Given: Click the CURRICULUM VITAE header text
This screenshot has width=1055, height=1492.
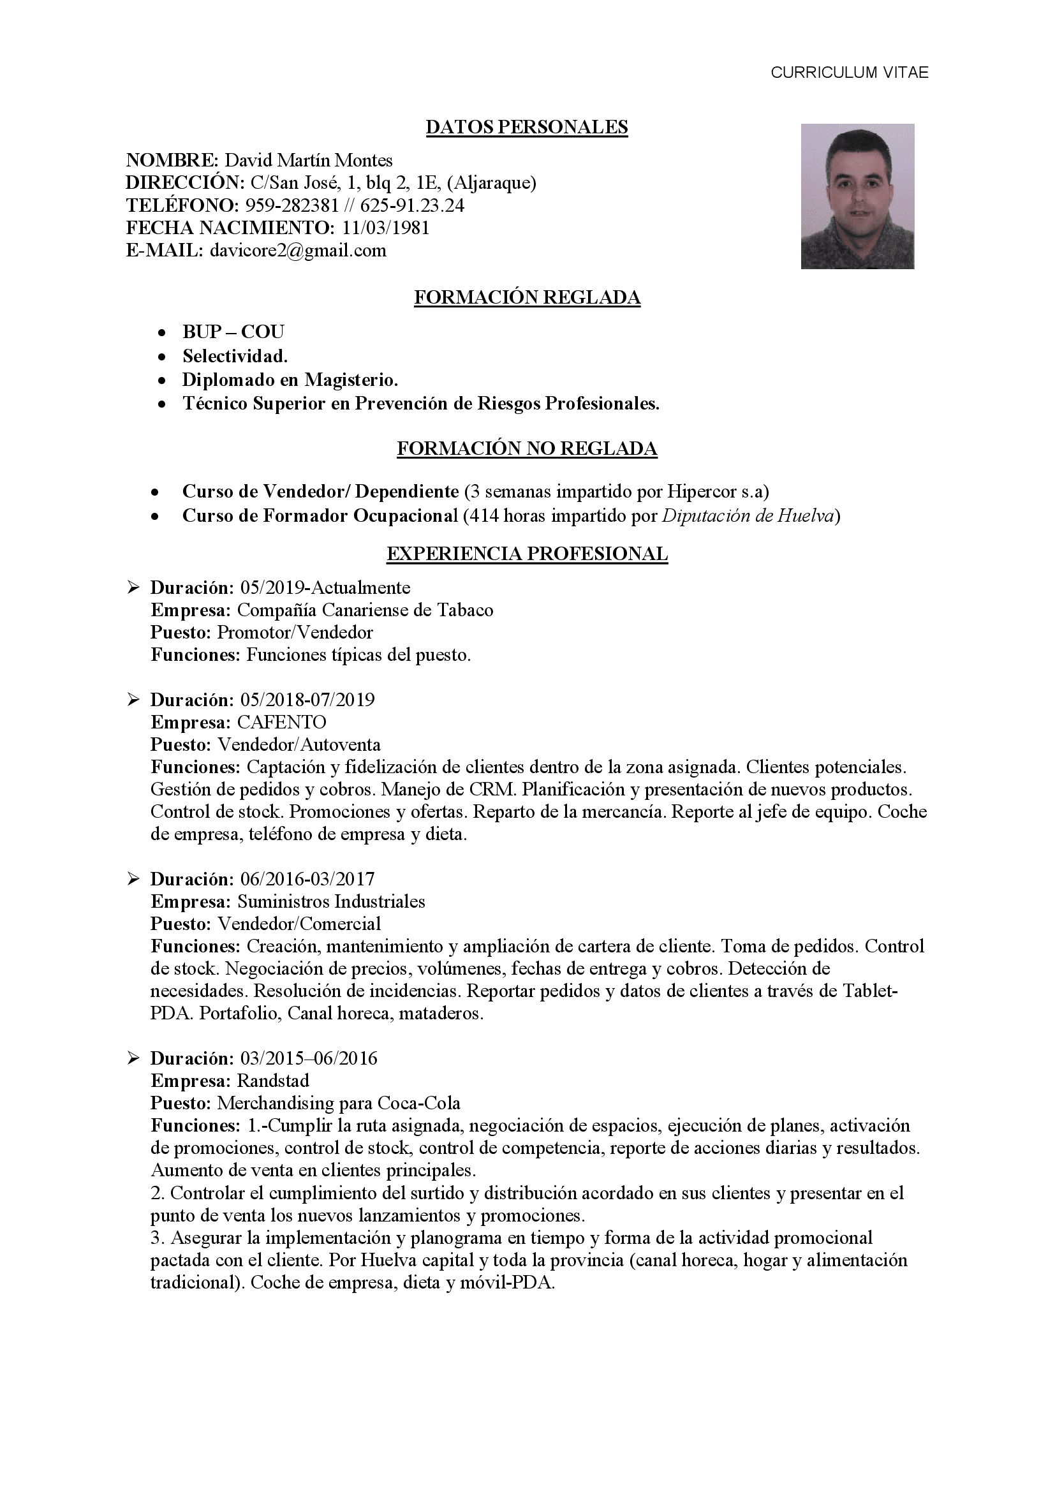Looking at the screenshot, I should point(849,73).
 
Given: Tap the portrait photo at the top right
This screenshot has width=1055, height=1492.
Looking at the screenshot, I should point(857,196).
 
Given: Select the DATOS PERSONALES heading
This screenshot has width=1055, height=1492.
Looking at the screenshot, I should point(526,127).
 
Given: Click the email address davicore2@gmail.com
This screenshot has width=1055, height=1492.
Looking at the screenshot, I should point(297,250).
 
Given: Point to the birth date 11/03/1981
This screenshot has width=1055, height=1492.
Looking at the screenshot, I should point(386,228).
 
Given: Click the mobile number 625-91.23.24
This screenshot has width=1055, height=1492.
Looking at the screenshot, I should point(412,205).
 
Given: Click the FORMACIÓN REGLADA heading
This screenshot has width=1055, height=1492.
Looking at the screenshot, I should point(527,297).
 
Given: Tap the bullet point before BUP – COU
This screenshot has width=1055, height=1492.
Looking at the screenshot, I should point(162,333).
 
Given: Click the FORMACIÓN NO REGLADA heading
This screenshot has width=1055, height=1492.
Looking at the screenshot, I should point(527,448).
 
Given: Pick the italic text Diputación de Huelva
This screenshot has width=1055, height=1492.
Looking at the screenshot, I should point(748,516).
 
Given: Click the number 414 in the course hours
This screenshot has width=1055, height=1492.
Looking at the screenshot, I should point(482,516).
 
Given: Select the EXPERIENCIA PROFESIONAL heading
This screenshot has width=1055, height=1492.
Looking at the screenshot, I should point(527,554).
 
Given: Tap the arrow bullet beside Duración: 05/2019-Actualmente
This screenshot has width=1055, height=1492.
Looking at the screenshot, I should point(133,588).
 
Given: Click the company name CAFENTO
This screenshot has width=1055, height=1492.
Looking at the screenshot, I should point(281,722).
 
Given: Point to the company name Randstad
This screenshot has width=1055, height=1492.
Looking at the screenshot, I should point(273,1081).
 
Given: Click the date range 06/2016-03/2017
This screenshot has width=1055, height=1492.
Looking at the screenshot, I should point(307,879).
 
